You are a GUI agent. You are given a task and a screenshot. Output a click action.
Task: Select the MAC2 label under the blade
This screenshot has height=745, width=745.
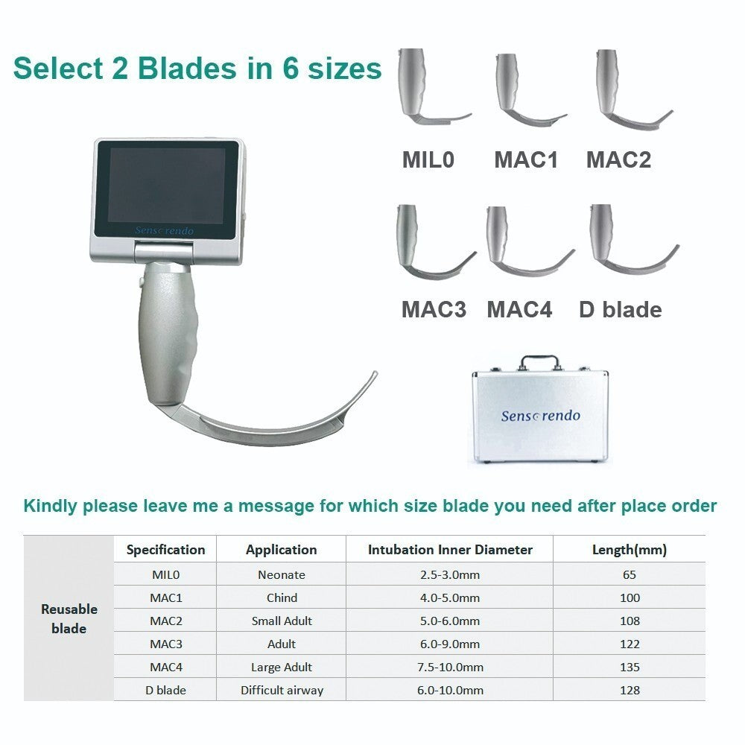[618, 159]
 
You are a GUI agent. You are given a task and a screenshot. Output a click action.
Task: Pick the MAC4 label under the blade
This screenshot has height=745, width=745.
[519, 309]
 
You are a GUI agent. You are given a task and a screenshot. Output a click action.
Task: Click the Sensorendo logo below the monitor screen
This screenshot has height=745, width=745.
[165, 231]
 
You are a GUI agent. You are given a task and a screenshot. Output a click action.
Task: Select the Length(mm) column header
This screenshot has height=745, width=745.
[629, 550]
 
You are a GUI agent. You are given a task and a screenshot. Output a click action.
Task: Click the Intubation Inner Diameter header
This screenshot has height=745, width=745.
[450, 550]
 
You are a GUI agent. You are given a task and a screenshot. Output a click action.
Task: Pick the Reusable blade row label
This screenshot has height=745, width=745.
[69, 618]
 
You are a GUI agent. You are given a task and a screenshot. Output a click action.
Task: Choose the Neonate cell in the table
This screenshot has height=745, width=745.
[281, 574]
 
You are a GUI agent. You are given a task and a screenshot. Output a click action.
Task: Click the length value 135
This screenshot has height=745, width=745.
[629, 667]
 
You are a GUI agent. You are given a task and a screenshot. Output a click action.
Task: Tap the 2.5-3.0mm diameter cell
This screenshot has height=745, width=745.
[450, 574]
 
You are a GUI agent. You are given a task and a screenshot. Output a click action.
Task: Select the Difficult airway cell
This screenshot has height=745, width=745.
[282, 690]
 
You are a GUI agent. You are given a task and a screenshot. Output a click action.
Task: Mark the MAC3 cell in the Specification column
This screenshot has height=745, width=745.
[165, 644]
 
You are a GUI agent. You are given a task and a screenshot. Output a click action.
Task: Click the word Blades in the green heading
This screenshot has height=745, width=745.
[169, 68]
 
